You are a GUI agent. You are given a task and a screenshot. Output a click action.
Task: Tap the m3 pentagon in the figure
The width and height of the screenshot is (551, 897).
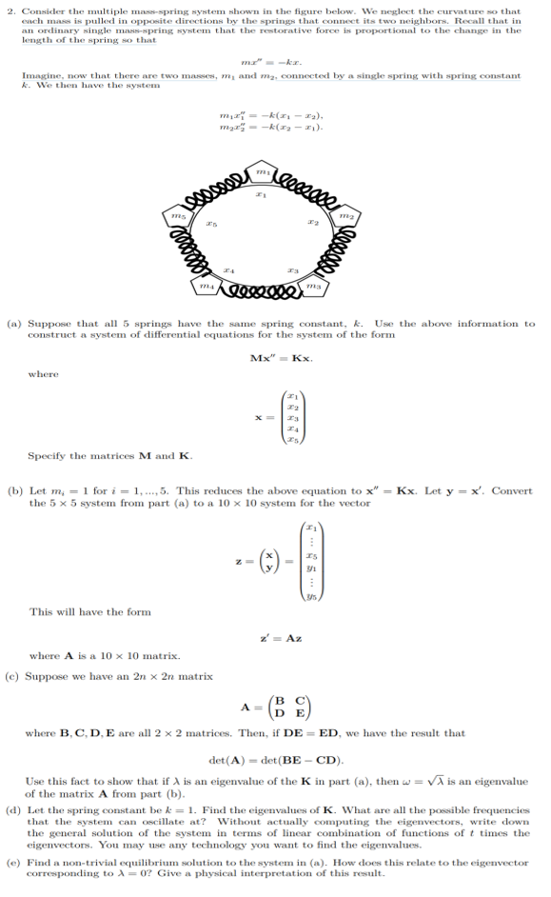tap(313, 286)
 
